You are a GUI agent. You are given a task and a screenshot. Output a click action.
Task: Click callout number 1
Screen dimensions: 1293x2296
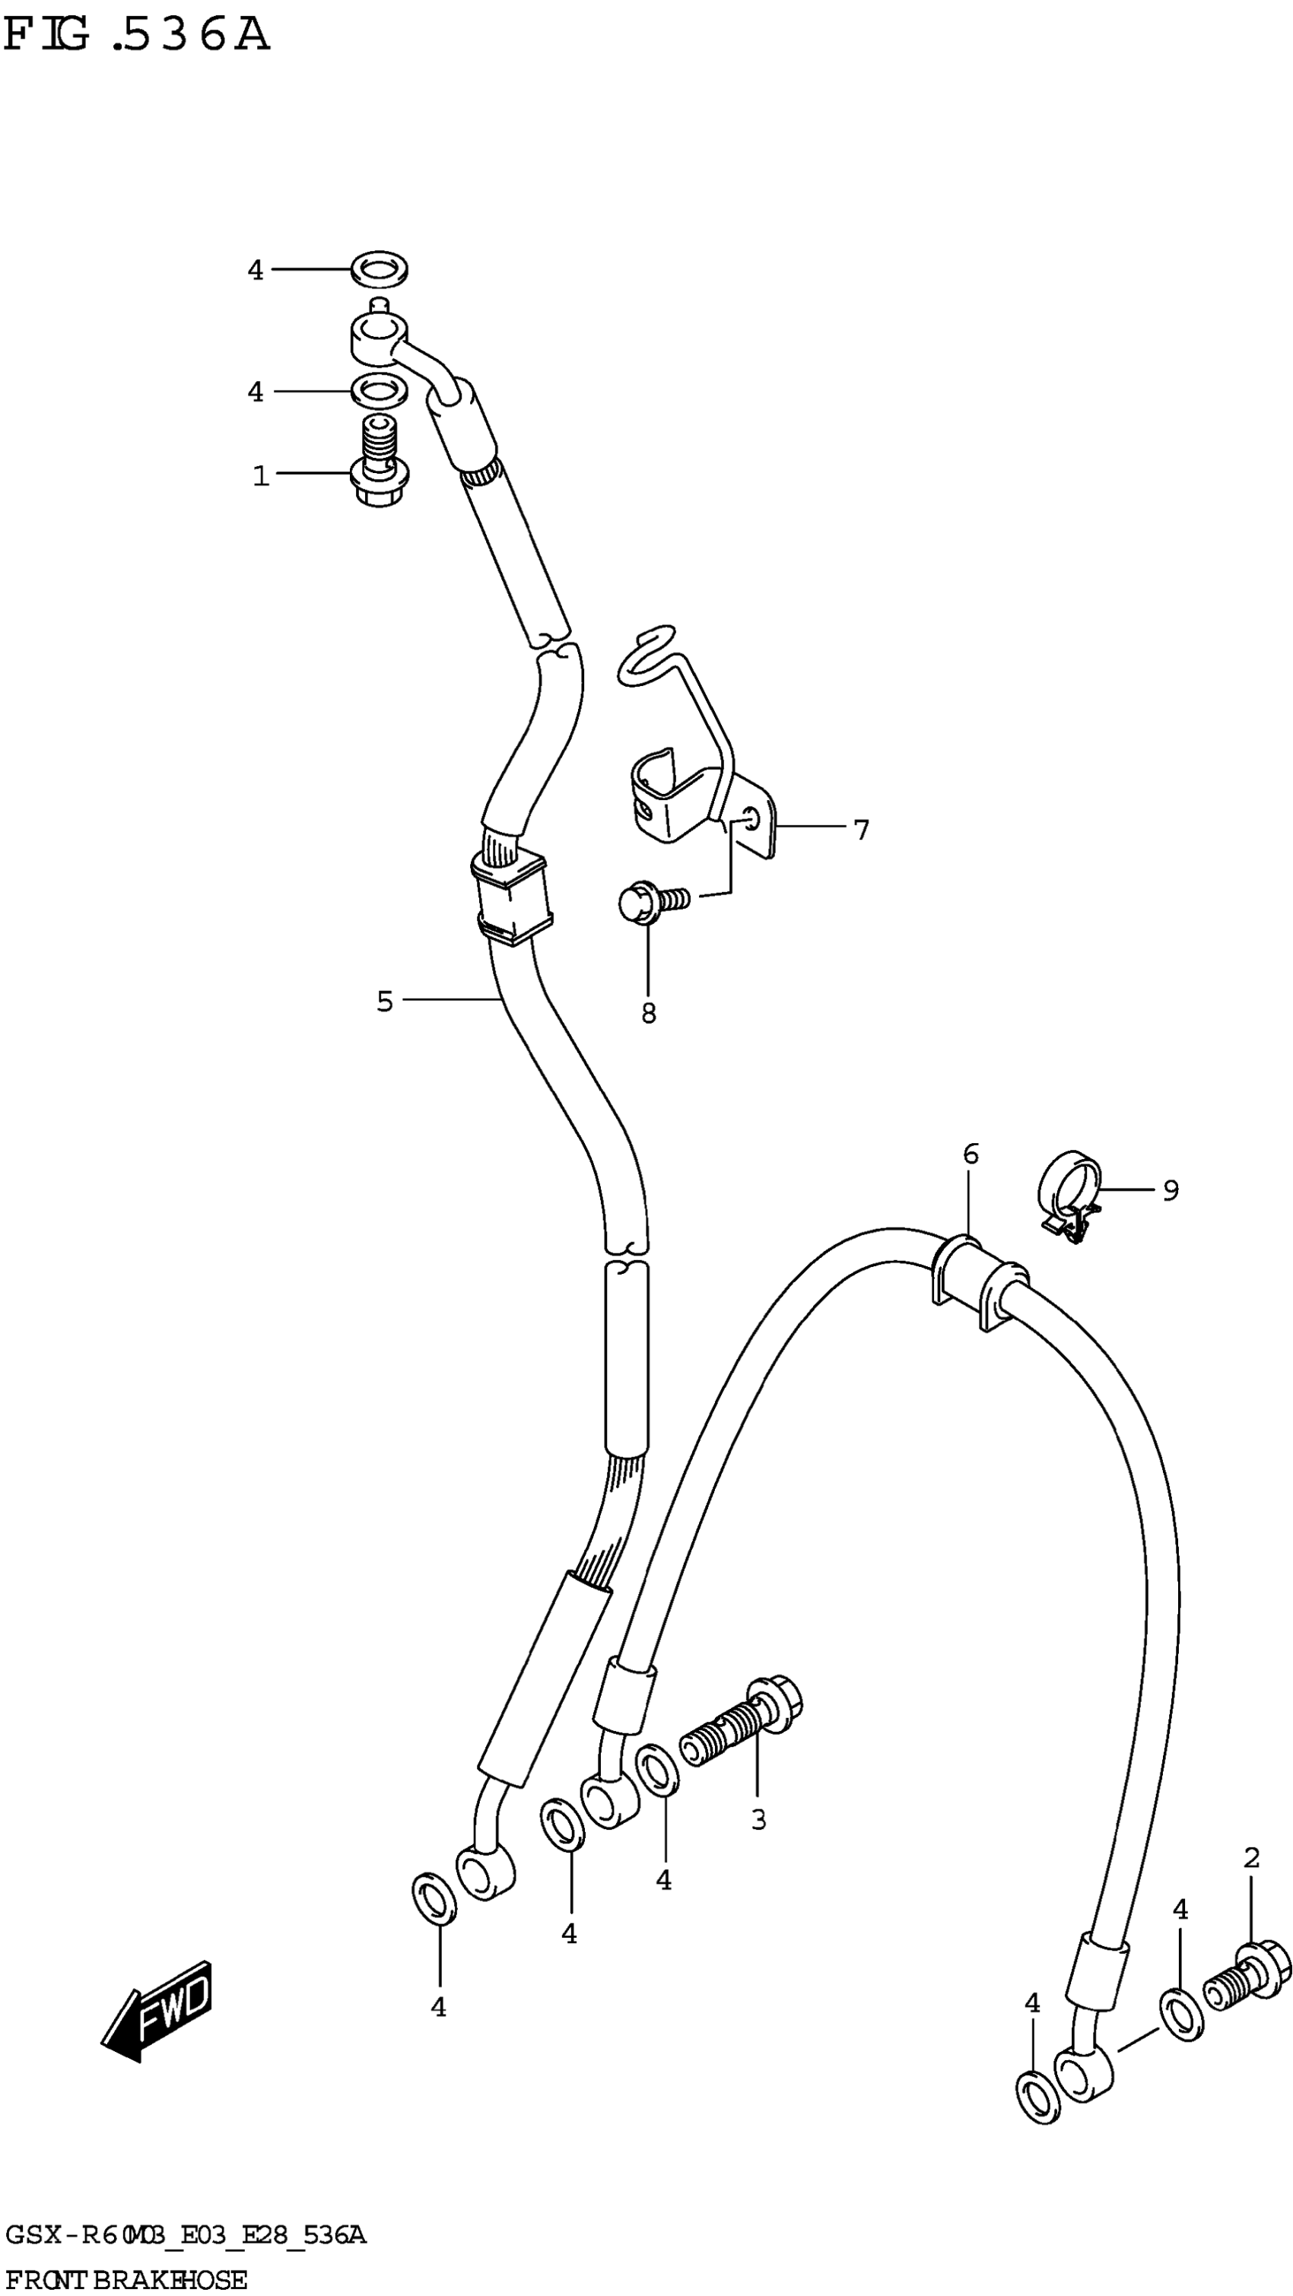tap(260, 476)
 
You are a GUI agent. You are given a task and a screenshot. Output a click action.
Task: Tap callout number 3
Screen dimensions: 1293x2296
tap(758, 1819)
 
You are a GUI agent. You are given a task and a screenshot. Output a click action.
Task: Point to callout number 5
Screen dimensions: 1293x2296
tap(384, 1002)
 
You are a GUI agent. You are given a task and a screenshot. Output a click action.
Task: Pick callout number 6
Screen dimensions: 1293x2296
tap(971, 1155)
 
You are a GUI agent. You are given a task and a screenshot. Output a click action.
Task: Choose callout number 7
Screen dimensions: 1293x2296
tap(861, 830)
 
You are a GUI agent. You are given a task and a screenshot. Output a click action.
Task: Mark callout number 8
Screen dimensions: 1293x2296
tap(649, 1014)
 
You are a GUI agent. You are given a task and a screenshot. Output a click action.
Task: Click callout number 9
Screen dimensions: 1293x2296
tap(1171, 1190)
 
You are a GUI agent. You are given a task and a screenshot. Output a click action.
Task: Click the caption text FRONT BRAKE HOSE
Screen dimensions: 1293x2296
tap(125, 2280)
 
